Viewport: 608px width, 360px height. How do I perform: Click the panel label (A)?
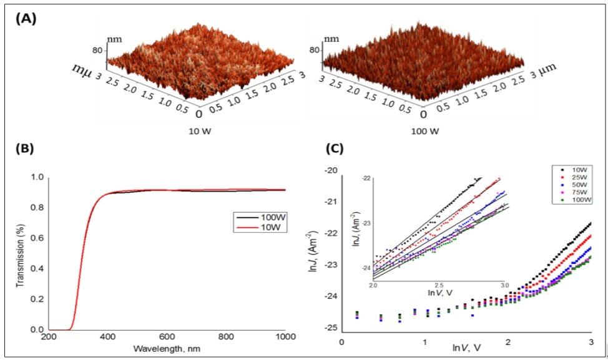pyautogui.click(x=26, y=19)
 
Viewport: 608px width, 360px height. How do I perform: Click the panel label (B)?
pyautogui.click(x=25, y=148)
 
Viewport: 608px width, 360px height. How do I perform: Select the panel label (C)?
pyautogui.click(x=335, y=148)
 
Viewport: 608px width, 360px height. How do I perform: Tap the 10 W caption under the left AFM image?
pyautogui.click(x=200, y=132)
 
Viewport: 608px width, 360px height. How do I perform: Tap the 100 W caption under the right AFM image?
pyautogui.click(x=425, y=132)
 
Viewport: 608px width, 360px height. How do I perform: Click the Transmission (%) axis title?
pyautogui.click(x=20, y=256)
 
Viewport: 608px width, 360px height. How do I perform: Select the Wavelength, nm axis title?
pyautogui.click(x=167, y=349)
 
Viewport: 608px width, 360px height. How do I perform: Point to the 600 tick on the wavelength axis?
pyautogui.click(x=167, y=337)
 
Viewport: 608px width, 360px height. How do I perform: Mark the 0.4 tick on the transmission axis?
pyautogui.click(x=37, y=269)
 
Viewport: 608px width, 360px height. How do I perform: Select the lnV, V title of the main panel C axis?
pyautogui.click(x=467, y=348)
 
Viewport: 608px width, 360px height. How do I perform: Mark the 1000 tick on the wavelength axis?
pyautogui.click(x=286, y=337)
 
